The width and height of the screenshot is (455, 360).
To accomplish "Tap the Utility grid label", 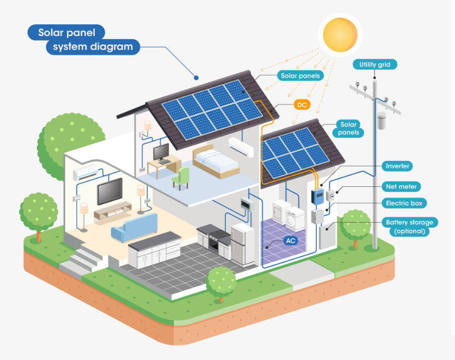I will click(x=374, y=65).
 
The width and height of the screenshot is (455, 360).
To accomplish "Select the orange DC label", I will click(x=302, y=105).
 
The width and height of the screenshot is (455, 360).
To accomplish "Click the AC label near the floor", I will click(x=291, y=241).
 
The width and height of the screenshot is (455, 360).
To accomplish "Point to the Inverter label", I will click(x=398, y=166).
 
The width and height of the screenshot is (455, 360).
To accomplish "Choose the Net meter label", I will click(x=402, y=186).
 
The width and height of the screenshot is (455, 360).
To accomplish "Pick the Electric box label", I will click(x=406, y=203).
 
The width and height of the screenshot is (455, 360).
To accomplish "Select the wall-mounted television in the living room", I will click(x=110, y=191).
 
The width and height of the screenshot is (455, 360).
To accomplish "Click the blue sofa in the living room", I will click(x=133, y=227).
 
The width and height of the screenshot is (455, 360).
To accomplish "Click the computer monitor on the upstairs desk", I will click(x=161, y=153).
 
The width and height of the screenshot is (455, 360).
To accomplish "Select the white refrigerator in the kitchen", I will click(x=243, y=244).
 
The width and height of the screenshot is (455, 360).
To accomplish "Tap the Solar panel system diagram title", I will click(x=85, y=40).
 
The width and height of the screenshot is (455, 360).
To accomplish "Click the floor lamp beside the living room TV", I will click(x=84, y=212).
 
